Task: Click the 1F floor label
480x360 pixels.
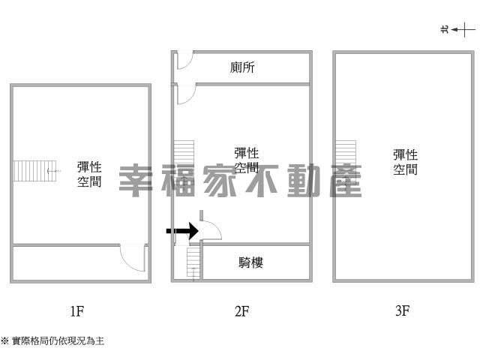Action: click(76, 311)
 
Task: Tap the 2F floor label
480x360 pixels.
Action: click(241, 311)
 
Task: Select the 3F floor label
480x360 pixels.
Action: click(402, 310)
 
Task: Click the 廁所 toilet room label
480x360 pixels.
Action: click(242, 67)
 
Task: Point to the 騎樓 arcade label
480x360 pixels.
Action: click(250, 262)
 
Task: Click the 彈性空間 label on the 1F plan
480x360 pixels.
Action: click(89, 175)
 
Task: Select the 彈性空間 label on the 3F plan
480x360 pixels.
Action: click(405, 162)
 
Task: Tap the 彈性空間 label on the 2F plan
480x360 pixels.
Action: click(247, 160)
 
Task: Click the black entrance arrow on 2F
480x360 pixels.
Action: click(182, 231)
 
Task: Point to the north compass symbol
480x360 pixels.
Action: click(458, 30)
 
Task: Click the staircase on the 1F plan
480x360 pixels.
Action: click(35, 171)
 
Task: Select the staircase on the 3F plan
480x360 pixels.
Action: click(346, 159)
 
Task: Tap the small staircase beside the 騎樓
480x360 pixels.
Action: click(193, 262)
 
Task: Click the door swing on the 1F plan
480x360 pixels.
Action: click(133, 257)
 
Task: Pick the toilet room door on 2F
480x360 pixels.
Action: click(185, 60)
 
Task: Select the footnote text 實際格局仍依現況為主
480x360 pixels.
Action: click(58, 340)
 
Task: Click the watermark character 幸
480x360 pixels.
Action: click(136, 181)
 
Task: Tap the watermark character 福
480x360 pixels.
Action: click(178, 181)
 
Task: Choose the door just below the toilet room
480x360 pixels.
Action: click(186, 94)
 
